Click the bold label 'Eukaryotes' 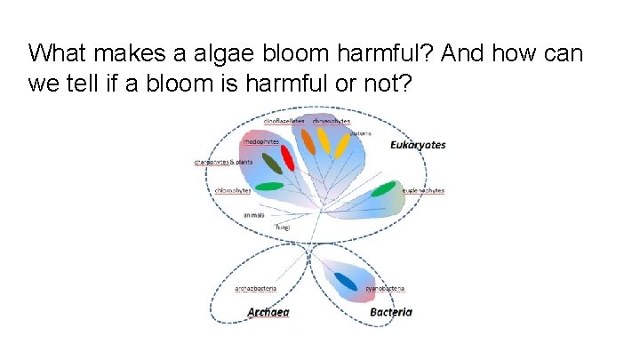click(x=418, y=145)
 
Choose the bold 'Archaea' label click(x=268, y=312)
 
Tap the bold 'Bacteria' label click(x=390, y=312)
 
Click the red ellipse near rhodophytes click(x=287, y=156)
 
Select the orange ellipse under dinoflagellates click(x=308, y=140)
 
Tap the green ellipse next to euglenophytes click(x=383, y=188)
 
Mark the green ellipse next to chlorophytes click(x=269, y=187)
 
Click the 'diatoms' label click(x=372, y=133)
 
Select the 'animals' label click(x=254, y=214)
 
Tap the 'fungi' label click(x=282, y=228)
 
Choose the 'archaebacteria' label click(x=256, y=288)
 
